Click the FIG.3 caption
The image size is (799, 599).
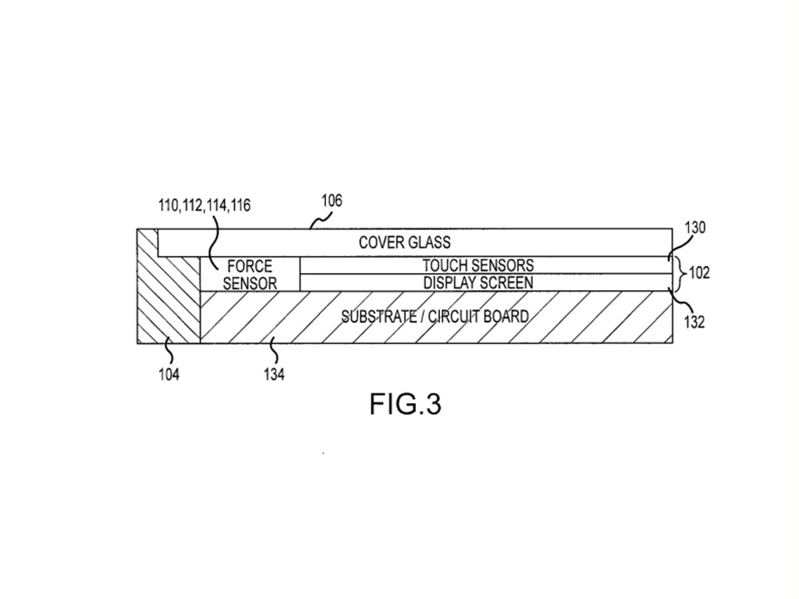(405, 404)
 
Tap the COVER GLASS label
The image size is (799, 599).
(404, 242)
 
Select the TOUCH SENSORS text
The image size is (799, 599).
(478, 266)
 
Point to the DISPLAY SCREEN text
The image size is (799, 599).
(478, 282)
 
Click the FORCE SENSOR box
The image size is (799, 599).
(250, 275)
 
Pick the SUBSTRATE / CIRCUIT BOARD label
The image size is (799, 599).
(435, 317)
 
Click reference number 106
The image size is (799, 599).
(332, 200)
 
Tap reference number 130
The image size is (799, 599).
(694, 228)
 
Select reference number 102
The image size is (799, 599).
(700, 274)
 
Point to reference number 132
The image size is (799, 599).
(694, 321)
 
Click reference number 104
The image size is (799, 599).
(169, 374)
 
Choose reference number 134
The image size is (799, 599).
(273, 374)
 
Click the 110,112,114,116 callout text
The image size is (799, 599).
(204, 206)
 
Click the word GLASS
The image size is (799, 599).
(430, 242)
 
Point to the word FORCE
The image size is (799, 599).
(250, 267)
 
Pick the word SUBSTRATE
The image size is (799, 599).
(378, 317)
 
